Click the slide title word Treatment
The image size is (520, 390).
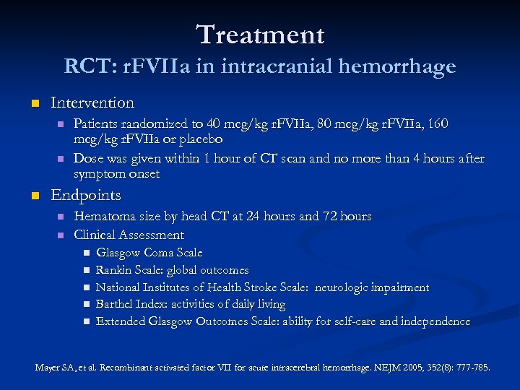coord(260,34)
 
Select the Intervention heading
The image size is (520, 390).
coord(92,103)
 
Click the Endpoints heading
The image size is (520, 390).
coord(86,195)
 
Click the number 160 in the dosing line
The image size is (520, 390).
coord(438,124)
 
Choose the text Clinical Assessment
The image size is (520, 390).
coord(129,235)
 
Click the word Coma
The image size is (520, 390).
coord(159,253)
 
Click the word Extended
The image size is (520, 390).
coord(122,321)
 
